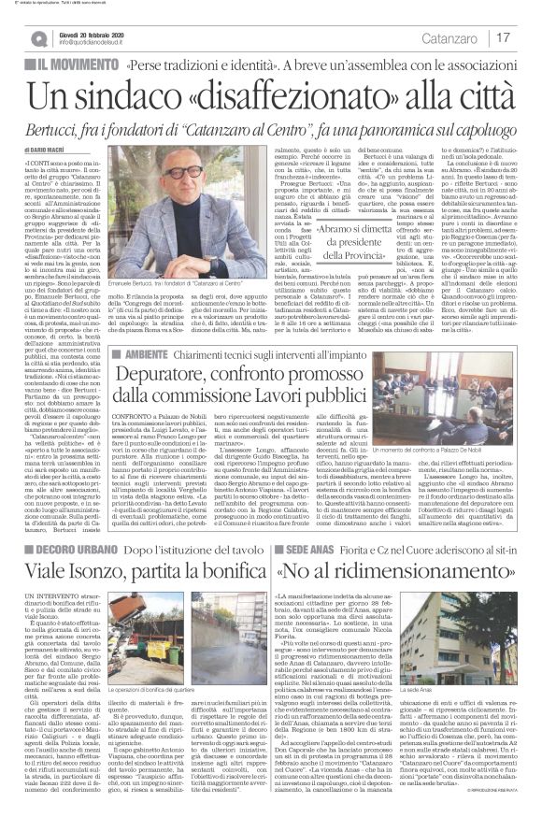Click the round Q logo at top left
pos(37,37)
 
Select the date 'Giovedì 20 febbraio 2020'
pos(100,32)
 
